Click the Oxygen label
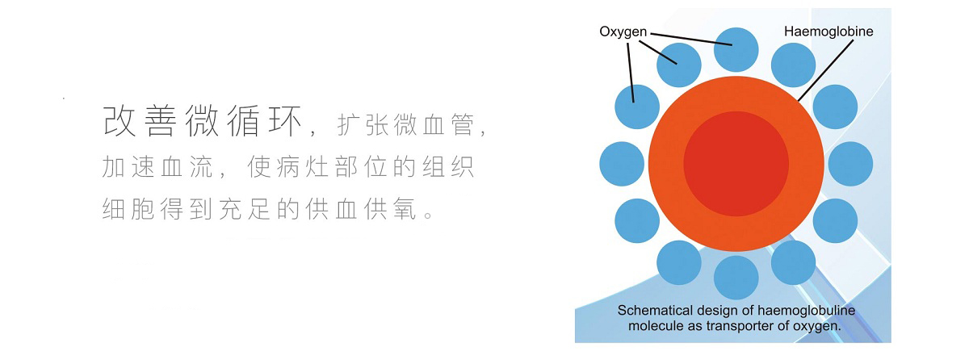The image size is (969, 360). (623, 32)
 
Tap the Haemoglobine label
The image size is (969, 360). (828, 31)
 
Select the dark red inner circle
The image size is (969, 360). (736, 164)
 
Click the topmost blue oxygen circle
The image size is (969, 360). (736, 50)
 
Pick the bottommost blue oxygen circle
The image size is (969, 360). (736, 278)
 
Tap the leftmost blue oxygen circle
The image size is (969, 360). (622, 164)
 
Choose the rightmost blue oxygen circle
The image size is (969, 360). (850, 164)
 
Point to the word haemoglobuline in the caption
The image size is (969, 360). (807, 311)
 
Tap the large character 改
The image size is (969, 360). (119, 120)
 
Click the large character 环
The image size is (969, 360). (285, 120)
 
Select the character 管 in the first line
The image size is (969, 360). (463, 124)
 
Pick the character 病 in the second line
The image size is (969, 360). (288, 166)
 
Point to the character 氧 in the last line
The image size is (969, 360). (405, 209)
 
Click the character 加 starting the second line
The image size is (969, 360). (113, 166)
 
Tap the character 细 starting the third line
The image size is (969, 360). (113, 209)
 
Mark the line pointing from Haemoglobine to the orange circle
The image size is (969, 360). (825, 71)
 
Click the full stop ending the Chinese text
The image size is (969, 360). (429, 215)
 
